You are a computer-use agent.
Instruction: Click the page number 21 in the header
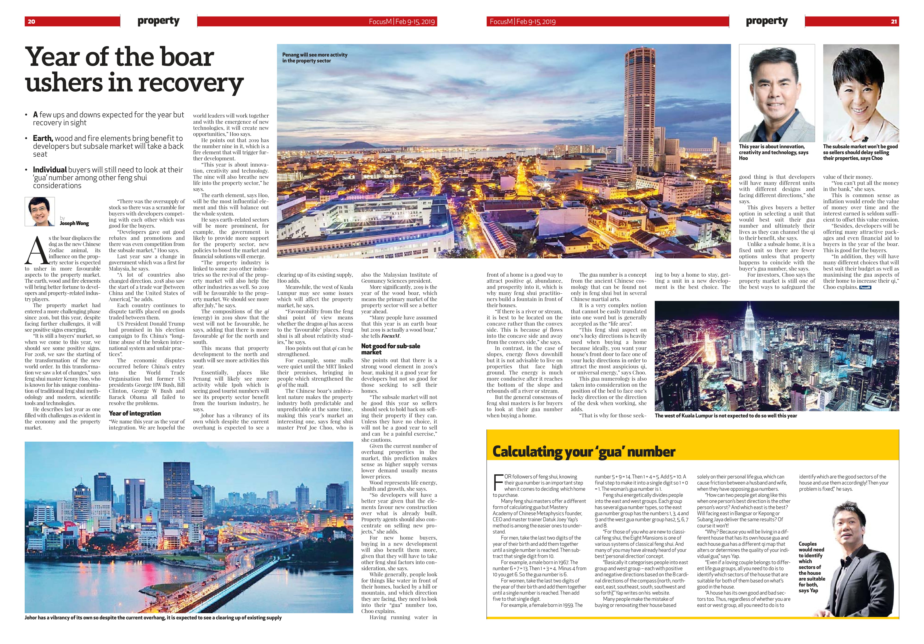893,22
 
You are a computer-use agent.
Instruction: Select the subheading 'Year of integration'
135,413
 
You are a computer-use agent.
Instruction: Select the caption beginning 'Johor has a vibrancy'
153,617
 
